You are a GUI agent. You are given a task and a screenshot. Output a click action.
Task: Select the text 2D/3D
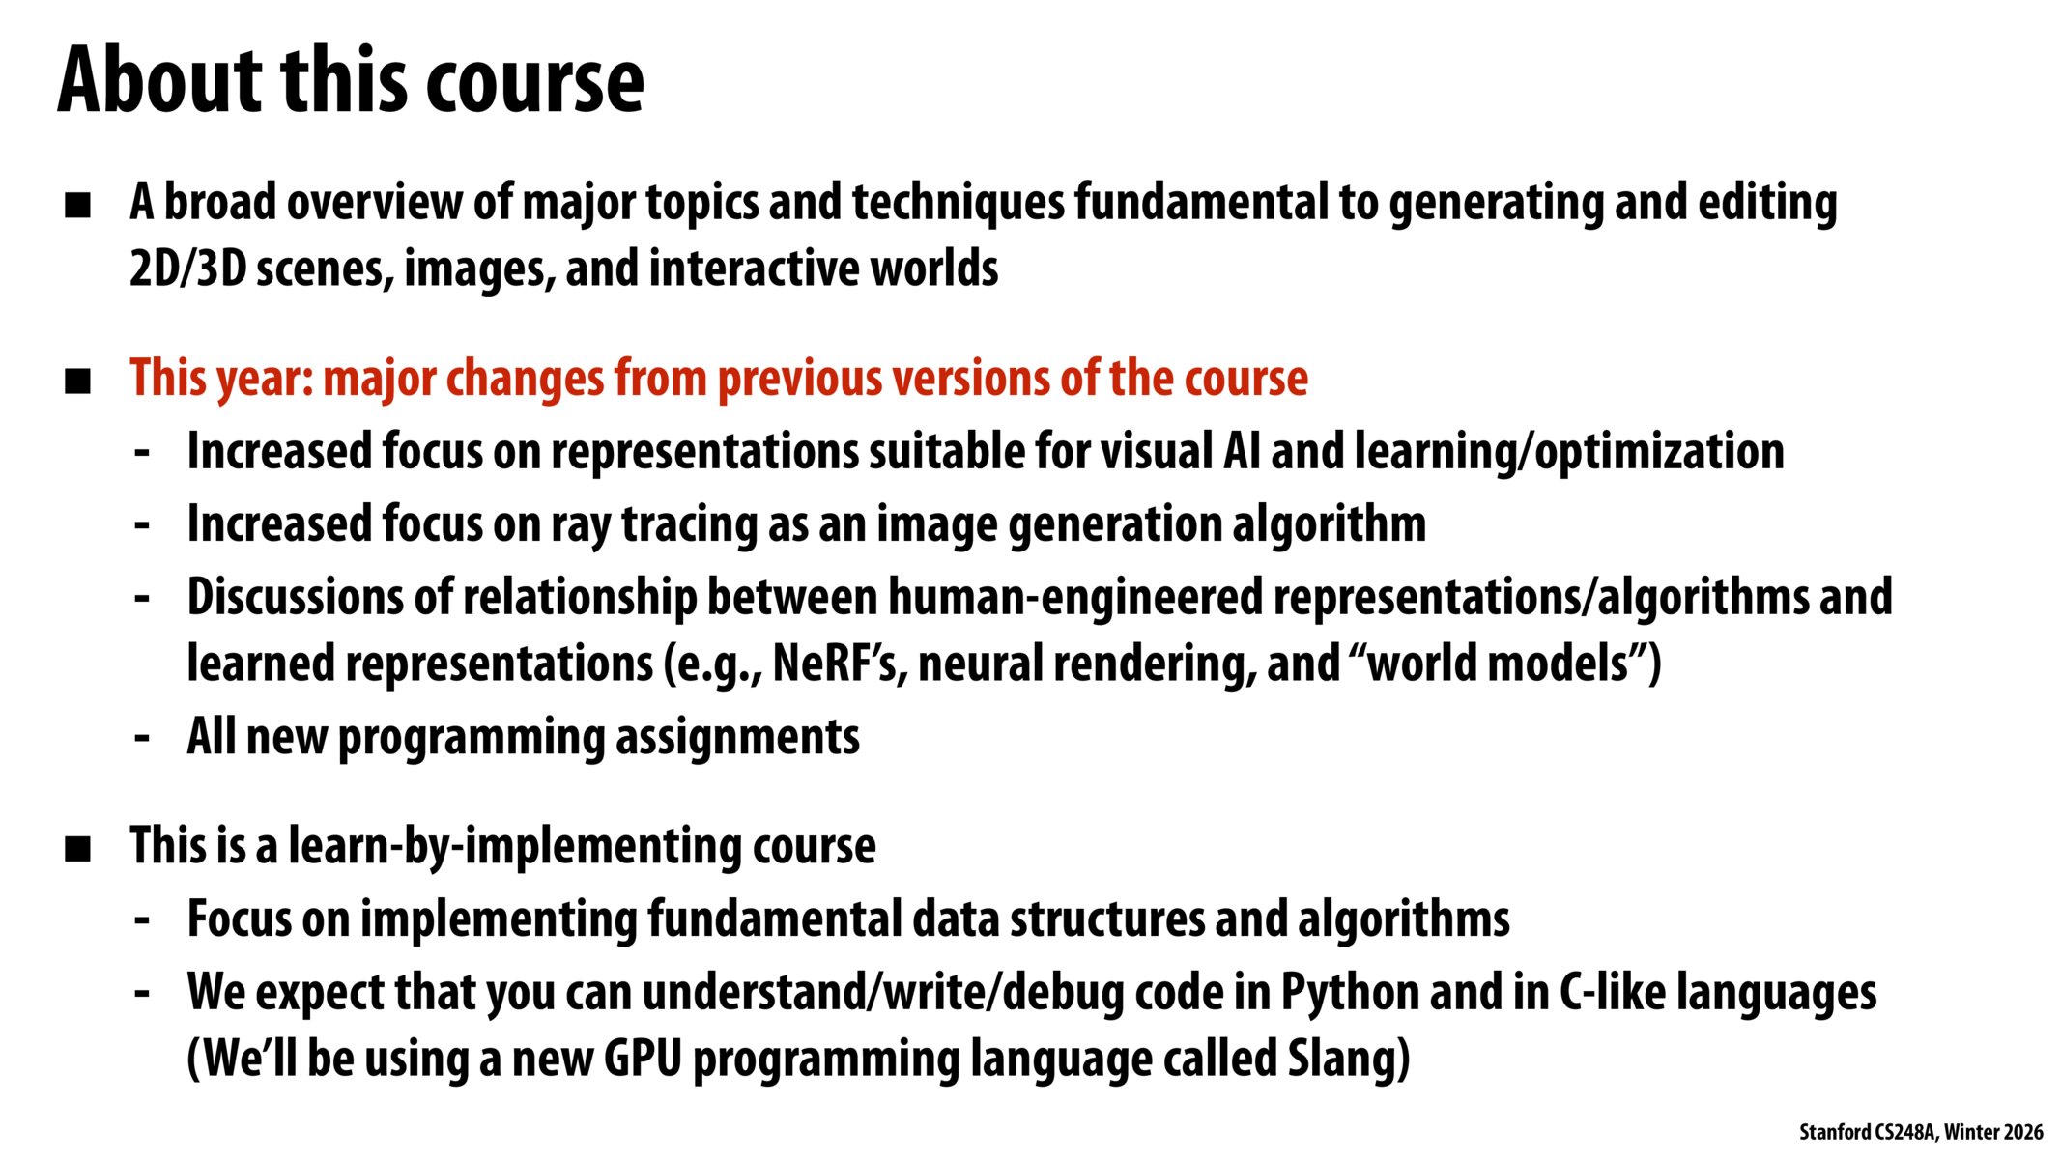(x=188, y=269)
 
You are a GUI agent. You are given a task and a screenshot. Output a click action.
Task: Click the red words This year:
(x=222, y=378)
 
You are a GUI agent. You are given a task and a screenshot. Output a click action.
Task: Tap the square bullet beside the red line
(x=77, y=381)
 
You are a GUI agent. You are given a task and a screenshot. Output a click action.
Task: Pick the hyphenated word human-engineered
(x=1075, y=597)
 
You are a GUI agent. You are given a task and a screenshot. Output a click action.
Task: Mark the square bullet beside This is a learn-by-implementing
(x=77, y=849)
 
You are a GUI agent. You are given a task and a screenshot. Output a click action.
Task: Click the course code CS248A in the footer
(x=1904, y=1132)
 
